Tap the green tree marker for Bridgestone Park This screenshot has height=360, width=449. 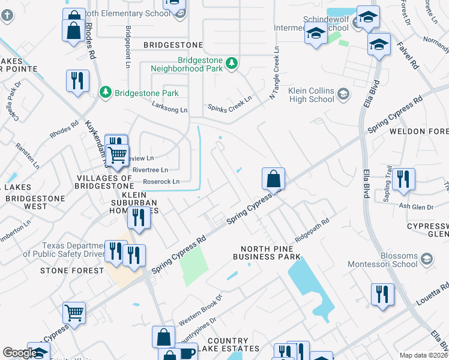106,92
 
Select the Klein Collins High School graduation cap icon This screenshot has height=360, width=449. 343,94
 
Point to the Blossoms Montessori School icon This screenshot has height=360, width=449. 427,259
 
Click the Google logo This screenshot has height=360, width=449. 19,353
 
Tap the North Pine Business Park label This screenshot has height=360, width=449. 270,253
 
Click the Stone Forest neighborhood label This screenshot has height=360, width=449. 72,271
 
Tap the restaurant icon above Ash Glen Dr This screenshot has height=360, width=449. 402,179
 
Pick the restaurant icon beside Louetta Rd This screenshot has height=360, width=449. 382,295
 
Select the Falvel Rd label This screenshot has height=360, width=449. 406,57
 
